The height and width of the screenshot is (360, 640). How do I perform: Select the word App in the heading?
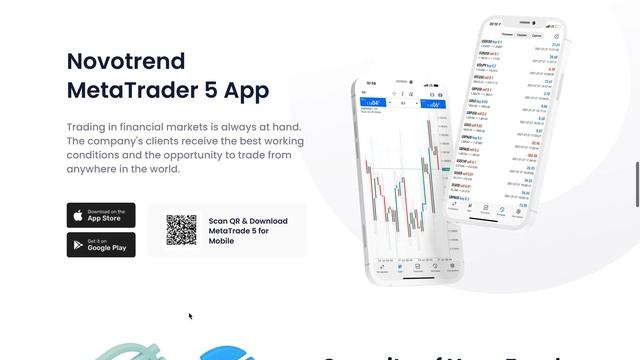(246, 91)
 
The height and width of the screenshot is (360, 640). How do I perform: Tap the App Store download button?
(101, 215)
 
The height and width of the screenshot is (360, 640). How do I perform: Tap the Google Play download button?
(101, 245)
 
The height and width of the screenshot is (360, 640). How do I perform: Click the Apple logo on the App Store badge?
(77, 215)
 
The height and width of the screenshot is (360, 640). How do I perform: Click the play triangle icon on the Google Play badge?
(77, 245)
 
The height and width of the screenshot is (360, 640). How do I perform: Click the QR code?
(182, 230)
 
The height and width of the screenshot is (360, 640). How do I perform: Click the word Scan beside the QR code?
(219, 221)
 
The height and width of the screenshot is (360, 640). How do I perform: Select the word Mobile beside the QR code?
(222, 241)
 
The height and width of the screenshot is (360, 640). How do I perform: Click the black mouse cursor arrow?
(190, 317)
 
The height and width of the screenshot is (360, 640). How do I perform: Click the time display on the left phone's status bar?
(372, 83)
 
